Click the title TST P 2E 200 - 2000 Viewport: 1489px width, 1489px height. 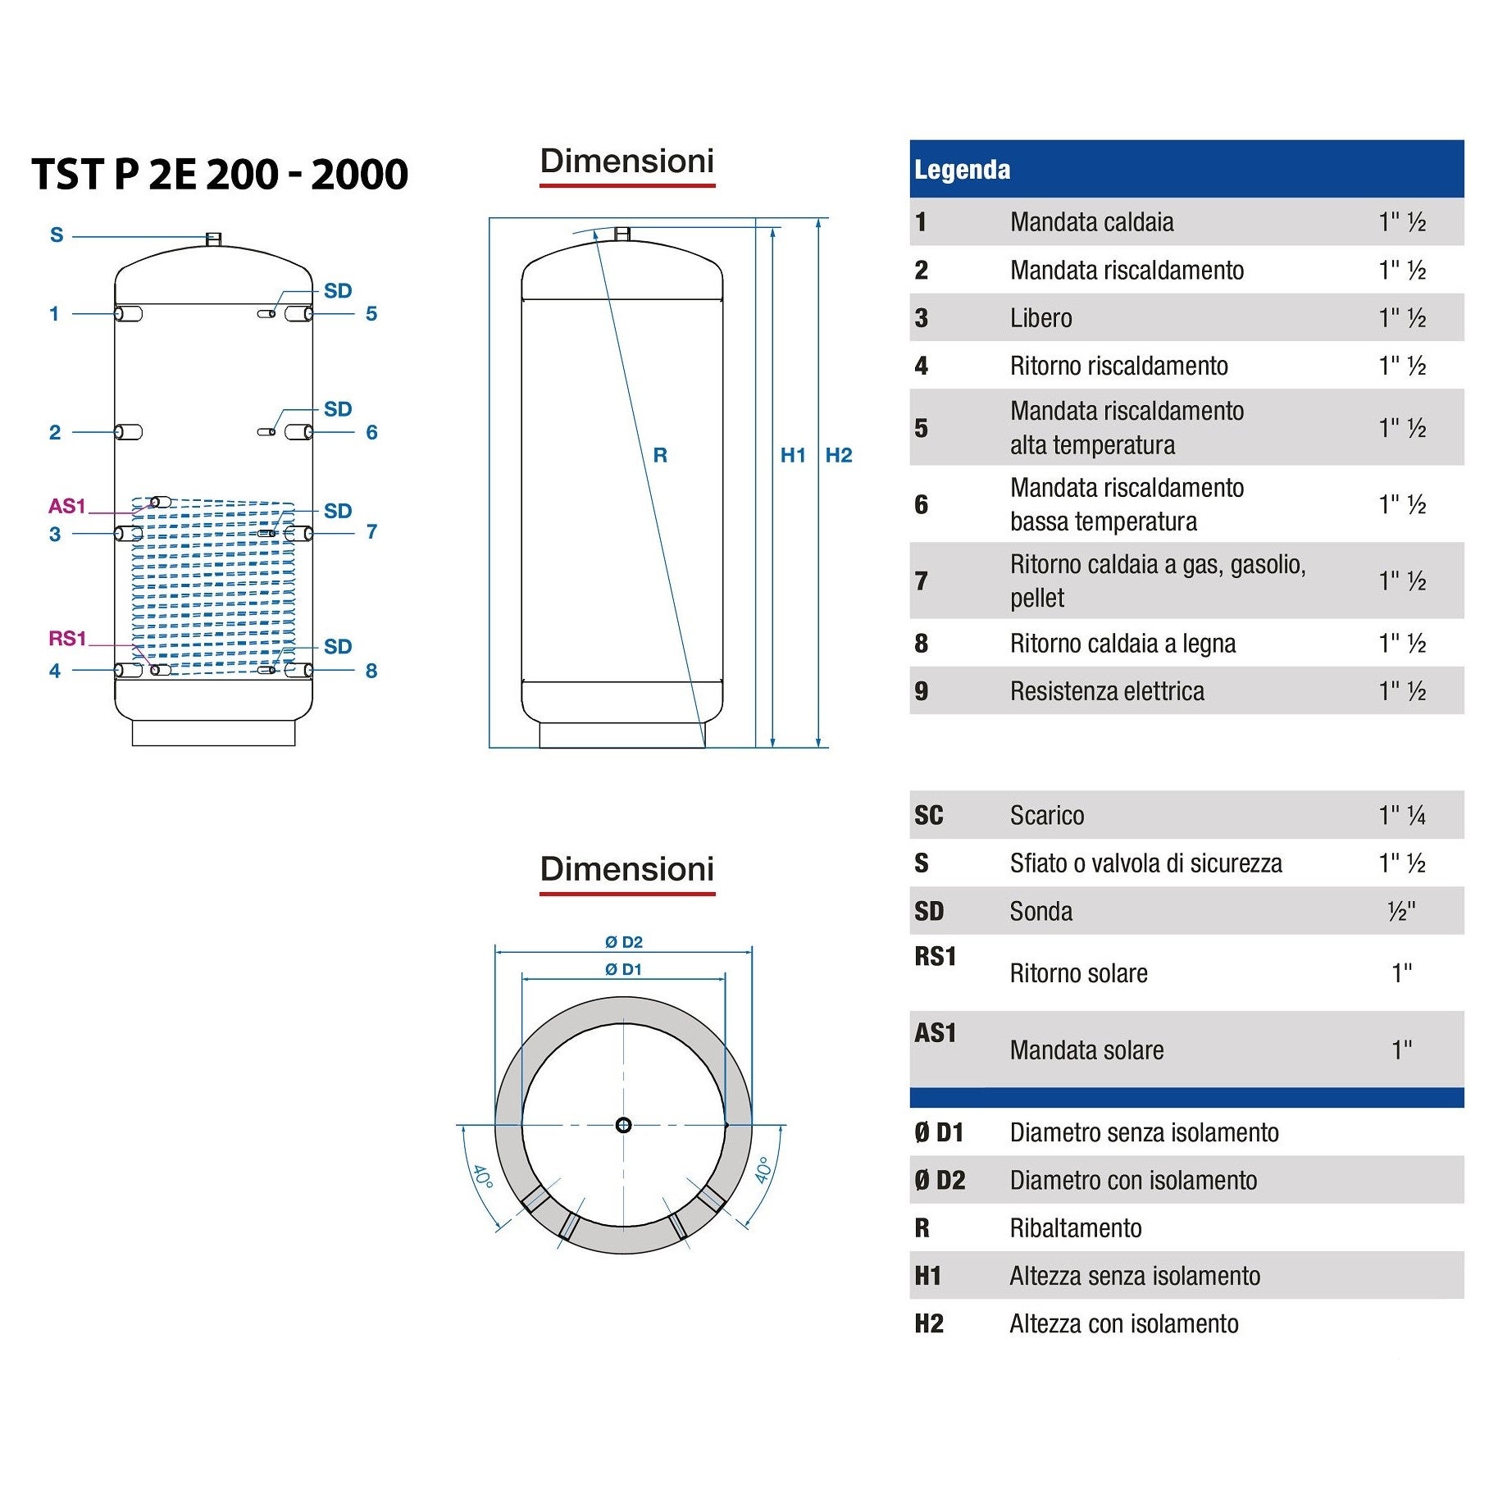coord(220,175)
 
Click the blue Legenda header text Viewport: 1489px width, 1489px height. coord(962,170)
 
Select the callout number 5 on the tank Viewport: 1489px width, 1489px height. coord(371,314)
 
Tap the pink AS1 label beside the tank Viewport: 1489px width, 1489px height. coord(66,506)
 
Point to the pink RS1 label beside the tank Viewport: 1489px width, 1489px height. coord(67,638)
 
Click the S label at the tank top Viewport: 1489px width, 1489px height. coord(57,235)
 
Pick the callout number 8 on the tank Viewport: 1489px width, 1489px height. coord(371,671)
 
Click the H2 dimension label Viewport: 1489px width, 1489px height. coord(839,455)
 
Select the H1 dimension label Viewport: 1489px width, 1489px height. coord(793,455)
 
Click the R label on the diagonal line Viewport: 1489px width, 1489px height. coord(660,455)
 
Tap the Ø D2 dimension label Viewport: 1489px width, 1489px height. coord(623,942)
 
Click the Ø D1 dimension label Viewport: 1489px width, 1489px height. coord(623,969)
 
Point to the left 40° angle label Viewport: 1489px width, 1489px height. coord(482,1177)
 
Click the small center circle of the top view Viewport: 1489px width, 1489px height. coord(623,1125)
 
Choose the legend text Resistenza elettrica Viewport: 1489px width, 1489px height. coord(1107,691)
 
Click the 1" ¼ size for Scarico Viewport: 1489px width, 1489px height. coord(1401,815)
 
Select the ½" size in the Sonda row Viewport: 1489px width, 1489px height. coord(1401,911)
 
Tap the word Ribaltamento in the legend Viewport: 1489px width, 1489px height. coord(1076,1227)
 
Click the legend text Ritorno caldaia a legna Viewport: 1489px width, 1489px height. coord(1122,644)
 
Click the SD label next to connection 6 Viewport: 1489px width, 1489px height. coord(337,409)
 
